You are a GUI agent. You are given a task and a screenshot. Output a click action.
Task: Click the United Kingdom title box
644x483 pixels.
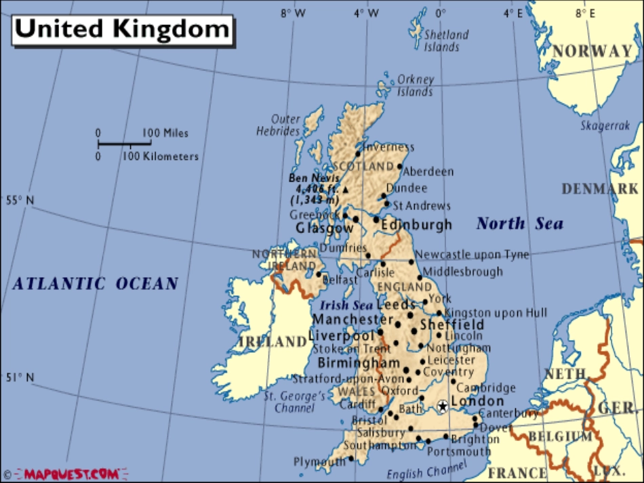point(123,28)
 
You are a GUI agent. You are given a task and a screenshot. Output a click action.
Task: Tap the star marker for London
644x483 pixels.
point(442,406)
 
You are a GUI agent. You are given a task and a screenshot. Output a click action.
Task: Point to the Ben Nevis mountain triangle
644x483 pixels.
point(344,190)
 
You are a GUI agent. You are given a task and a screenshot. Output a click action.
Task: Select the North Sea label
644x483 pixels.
point(519,224)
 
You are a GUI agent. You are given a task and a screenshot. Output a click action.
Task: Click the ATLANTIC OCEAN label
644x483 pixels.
point(96,284)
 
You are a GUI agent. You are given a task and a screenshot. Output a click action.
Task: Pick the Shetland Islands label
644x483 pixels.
point(445,41)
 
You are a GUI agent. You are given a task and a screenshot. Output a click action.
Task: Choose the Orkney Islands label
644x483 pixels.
point(415,85)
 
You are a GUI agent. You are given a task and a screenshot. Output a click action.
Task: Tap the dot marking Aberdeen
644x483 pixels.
point(400,166)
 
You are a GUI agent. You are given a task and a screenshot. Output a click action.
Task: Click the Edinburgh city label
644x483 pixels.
point(416,225)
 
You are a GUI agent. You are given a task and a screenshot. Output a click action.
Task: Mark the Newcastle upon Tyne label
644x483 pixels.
point(472,255)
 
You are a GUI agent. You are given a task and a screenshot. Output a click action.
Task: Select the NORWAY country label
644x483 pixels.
point(592,51)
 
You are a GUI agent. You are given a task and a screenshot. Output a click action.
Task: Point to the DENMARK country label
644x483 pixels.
point(599,189)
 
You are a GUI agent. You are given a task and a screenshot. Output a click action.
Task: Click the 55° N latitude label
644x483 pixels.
point(20,200)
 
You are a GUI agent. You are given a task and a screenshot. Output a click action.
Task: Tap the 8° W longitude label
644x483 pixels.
point(293,13)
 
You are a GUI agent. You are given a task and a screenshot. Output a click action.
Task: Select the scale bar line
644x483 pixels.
point(124,144)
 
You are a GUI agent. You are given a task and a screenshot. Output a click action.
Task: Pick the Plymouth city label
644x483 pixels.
point(319,462)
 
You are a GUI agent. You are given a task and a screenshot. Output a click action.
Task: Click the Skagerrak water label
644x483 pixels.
point(605,125)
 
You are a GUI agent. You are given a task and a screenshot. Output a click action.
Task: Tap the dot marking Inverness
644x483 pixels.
point(358,154)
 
